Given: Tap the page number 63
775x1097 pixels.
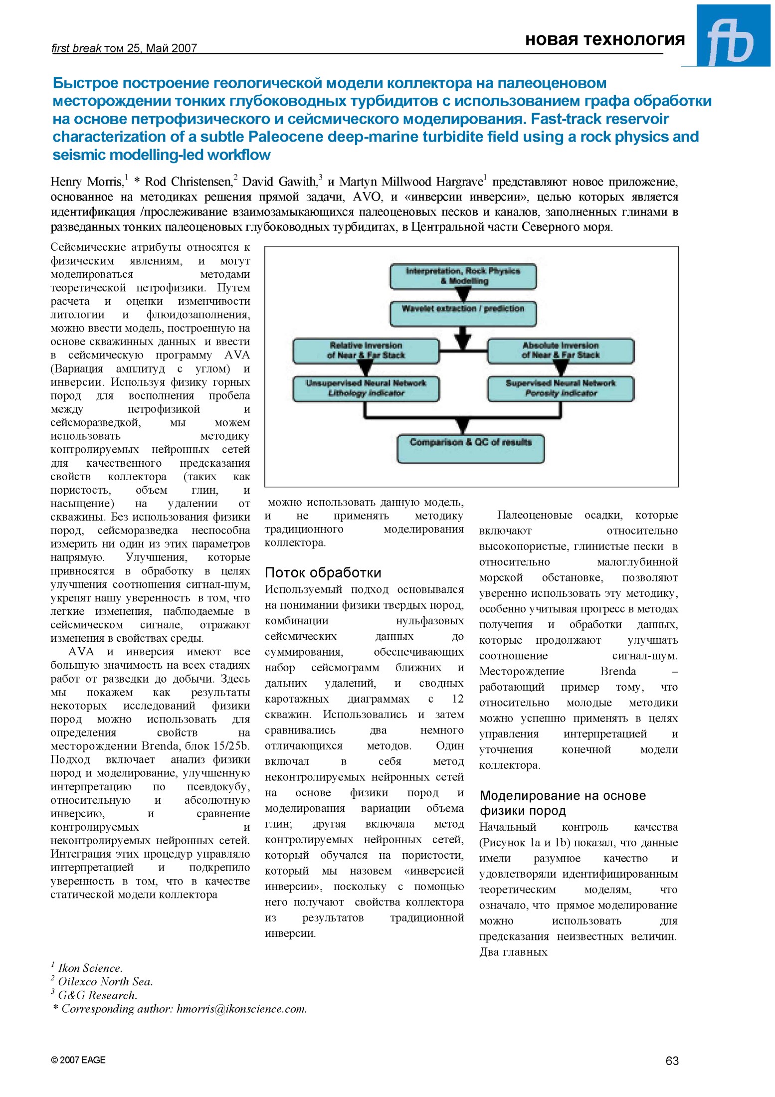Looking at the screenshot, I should (x=671, y=1061).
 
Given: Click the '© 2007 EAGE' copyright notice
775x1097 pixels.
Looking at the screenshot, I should (x=78, y=1060).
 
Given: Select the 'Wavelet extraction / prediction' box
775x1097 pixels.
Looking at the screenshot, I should (x=463, y=313).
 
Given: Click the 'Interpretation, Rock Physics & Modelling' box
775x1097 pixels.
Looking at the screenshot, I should (x=463, y=276).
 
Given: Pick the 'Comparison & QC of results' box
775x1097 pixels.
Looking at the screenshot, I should (x=470, y=448).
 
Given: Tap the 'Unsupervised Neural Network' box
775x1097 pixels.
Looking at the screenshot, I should (x=366, y=388).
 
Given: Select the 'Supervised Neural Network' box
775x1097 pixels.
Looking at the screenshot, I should (x=560, y=388).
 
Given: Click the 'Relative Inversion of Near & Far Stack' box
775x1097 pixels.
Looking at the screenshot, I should (x=366, y=350).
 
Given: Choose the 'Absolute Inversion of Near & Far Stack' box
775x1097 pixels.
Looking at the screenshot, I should (x=560, y=350).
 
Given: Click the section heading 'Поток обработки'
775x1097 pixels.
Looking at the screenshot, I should (x=323, y=572).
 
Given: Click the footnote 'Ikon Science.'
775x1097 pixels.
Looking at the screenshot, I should (x=90, y=968).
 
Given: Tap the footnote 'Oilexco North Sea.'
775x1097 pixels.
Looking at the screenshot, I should (x=105, y=981).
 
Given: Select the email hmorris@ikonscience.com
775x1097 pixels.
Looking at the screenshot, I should (x=241, y=1009).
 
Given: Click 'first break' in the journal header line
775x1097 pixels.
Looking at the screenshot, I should (x=76, y=48).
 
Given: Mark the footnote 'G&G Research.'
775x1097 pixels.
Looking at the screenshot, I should (x=97, y=995).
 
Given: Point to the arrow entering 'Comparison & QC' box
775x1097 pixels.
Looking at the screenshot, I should (x=463, y=427).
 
